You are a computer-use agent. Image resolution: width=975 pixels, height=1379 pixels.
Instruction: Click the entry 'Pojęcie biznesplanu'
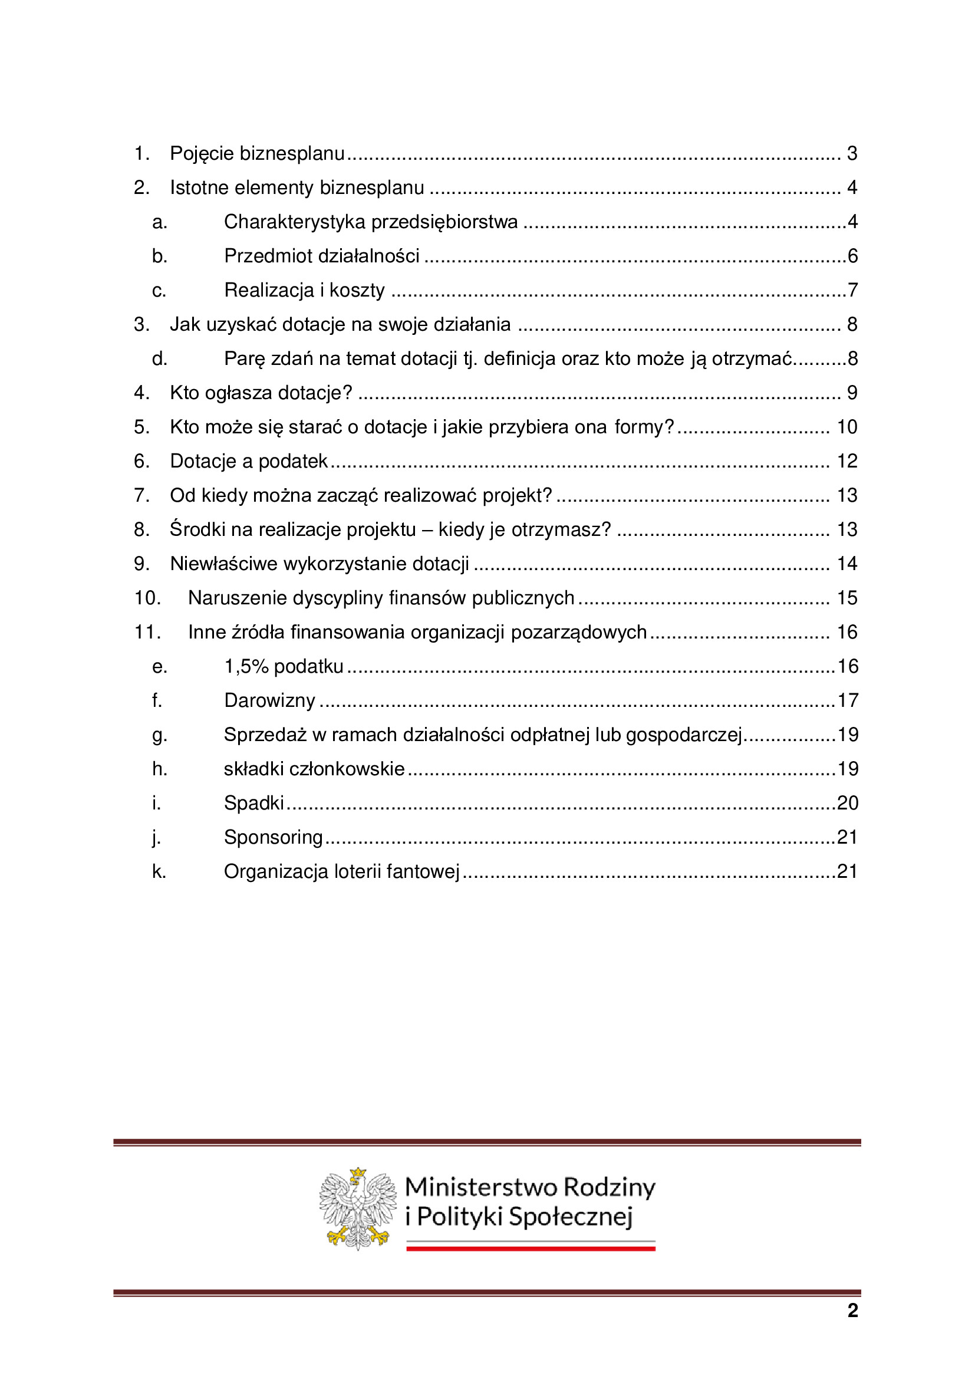click(257, 154)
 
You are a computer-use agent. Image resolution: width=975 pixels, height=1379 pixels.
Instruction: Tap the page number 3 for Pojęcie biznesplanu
click(851, 154)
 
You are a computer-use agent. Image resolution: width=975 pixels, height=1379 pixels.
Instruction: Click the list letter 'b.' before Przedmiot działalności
click(159, 256)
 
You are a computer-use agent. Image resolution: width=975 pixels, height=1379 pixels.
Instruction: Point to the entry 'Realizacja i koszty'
click(304, 291)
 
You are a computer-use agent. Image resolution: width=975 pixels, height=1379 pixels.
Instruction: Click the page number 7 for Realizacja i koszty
click(852, 291)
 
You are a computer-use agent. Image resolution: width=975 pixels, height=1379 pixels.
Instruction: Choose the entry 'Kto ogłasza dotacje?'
click(261, 393)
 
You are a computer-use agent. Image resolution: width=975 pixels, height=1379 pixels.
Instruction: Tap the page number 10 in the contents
click(846, 427)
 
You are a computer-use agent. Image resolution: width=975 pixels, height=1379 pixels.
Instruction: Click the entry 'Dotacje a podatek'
click(249, 461)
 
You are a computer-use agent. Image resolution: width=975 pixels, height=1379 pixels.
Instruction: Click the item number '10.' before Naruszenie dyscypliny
click(147, 598)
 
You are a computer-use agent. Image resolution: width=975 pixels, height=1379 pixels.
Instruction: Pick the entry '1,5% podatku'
click(284, 667)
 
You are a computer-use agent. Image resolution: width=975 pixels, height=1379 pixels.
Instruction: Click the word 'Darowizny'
click(269, 701)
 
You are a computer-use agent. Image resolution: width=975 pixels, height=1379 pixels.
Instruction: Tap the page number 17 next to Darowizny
click(847, 701)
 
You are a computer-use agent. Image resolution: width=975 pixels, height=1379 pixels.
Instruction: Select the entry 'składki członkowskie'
click(314, 769)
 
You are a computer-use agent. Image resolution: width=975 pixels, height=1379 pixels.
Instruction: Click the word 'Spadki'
click(253, 804)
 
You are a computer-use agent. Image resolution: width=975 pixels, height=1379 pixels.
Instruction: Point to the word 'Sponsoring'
click(273, 838)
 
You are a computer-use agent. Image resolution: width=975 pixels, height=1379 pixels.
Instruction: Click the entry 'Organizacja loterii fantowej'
click(341, 872)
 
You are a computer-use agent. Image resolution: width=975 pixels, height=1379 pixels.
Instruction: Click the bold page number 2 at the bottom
click(852, 1311)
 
